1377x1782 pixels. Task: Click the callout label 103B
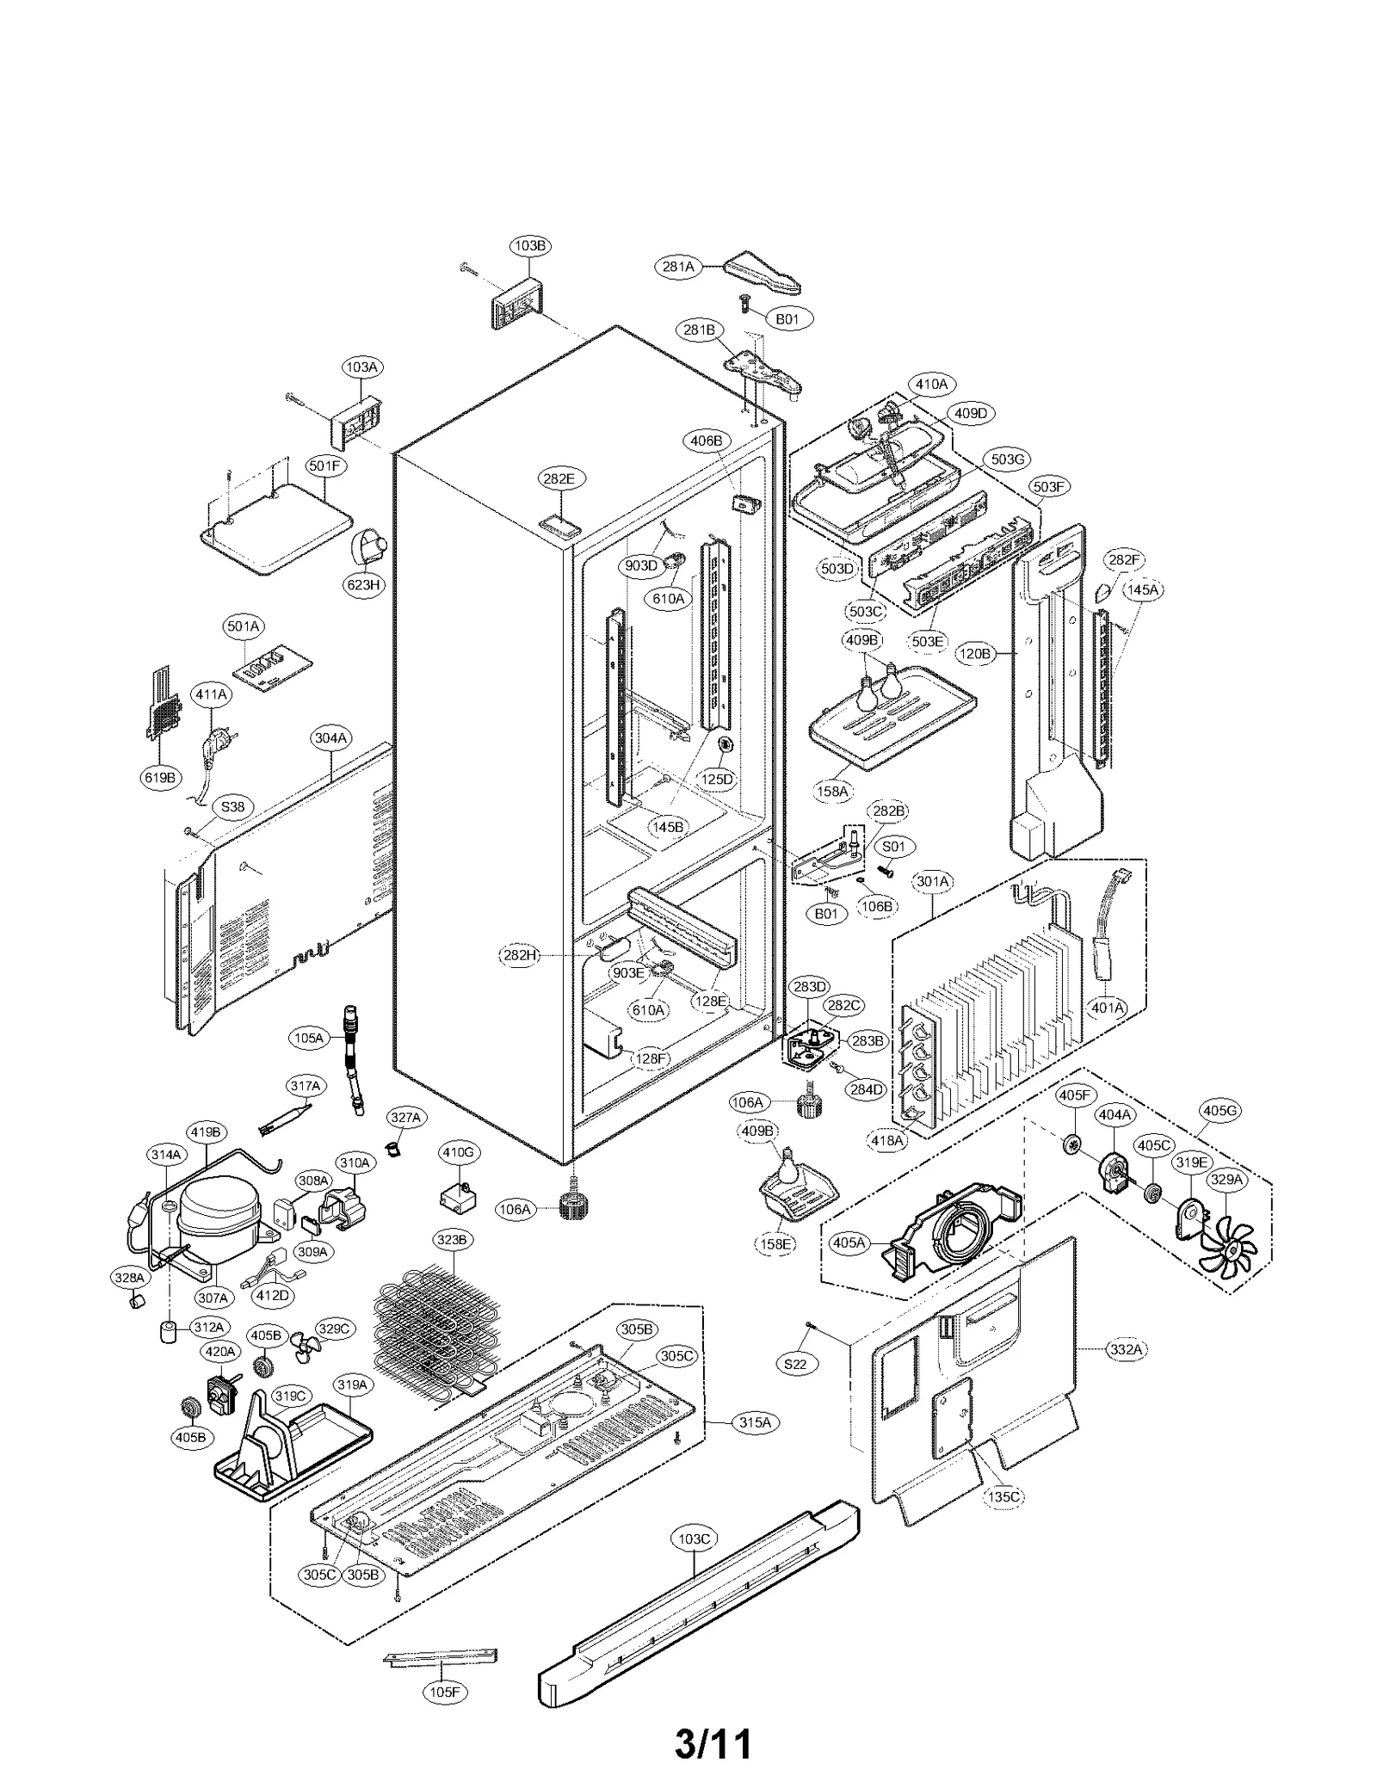click(x=530, y=246)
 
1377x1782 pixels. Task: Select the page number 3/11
click(x=713, y=1743)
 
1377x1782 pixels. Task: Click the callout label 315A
click(x=755, y=1422)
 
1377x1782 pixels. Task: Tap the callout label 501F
click(x=327, y=466)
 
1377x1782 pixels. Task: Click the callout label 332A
click(x=1126, y=1349)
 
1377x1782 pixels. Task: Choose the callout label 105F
click(x=445, y=1692)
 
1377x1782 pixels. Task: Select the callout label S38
click(x=232, y=806)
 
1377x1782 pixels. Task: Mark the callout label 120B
click(x=975, y=654)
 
